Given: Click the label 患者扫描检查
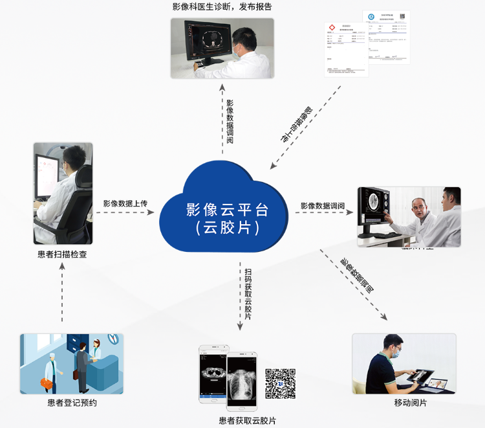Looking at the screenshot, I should pos(62,254).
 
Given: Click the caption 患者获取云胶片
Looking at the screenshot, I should pos(247,421).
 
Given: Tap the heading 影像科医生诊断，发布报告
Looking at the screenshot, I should pos(222,7).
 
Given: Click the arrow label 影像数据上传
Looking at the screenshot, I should pos(125,203).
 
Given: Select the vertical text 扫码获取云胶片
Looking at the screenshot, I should pos(248,294).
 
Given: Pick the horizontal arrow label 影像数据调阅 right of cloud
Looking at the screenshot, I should pos(322,206).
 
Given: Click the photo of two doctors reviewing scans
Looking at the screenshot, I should pos(409,217).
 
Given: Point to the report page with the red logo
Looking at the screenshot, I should pos(346,49).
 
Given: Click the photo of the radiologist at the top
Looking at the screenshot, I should pos(222,48).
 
